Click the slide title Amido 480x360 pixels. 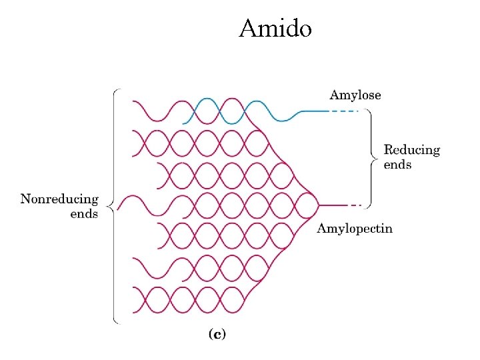tap(275, 29)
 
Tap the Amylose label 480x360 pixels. tap(355, 95)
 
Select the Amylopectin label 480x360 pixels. tap(354, 229)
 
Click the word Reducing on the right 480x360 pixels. tap(412, 150)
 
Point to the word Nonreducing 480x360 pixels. tap(59, 199)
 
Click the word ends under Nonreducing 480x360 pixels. tap(84, 214)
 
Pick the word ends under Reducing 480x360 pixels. tap(397, 165)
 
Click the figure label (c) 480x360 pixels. tap(217, 334)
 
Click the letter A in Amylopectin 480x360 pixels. tap(321, 229)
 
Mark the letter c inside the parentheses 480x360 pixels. tap(217, 334)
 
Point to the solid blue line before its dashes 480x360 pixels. tap(313, 111)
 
